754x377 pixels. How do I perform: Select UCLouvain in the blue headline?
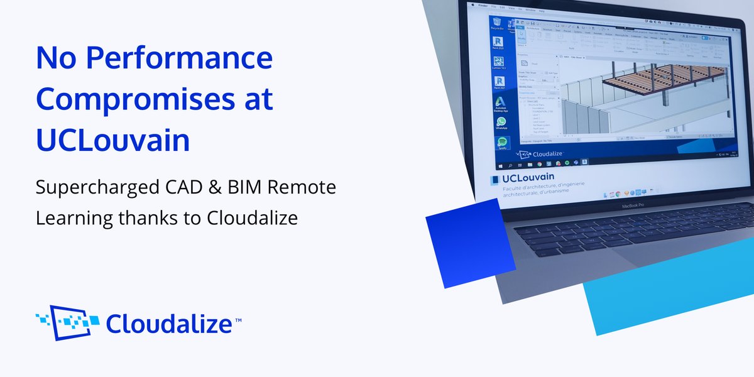point(113,141)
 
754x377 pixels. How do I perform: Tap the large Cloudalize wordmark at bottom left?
point(170,324)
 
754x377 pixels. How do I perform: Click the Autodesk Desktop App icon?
point(501,104)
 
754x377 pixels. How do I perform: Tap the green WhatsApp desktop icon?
point(501,124)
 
